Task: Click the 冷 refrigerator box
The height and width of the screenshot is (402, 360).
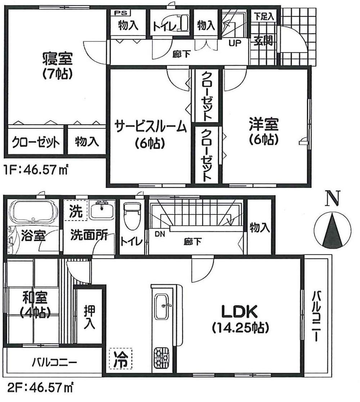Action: (121, 359)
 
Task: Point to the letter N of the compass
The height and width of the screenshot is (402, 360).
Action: (333, 198)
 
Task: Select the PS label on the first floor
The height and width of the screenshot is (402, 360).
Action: (118, 13)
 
